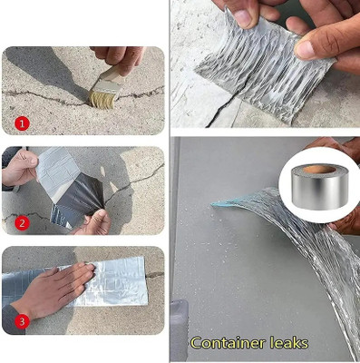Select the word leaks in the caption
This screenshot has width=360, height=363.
(287, 343)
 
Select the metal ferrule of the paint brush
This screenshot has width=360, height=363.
(114, 76)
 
